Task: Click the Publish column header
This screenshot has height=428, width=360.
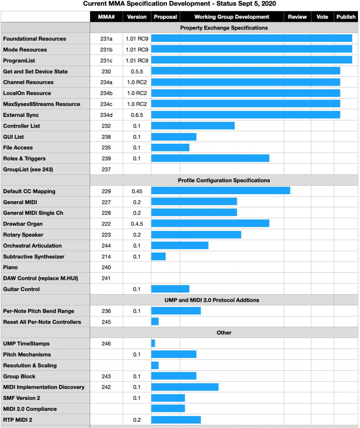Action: tap(346, 17)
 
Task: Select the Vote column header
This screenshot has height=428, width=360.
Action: tap(322, 17)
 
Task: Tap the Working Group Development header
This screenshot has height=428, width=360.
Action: tap(232, 17)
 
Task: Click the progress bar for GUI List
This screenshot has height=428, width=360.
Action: tap(174, 137)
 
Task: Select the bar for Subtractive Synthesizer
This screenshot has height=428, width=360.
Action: tap(158, 257)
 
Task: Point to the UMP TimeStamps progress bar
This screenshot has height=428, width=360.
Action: tap(153, 344)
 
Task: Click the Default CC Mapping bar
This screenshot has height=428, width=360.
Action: tap(220, 191)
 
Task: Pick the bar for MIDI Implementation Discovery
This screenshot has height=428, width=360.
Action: tap(185, 387)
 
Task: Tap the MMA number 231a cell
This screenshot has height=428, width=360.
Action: tap(106, 39)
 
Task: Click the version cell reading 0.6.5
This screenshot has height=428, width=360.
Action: tap(137, 115)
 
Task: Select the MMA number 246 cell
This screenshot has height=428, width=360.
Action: tap(106, 344)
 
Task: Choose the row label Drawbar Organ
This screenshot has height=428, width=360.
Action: tap(23, 224)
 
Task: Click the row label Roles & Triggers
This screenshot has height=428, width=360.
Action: tap(24, 158)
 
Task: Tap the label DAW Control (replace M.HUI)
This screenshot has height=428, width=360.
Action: tap(41, 278)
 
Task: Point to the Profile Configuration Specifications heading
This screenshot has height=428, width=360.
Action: tap(224, 180)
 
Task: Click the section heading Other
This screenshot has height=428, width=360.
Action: tap(224, 332)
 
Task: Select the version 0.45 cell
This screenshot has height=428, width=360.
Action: tap(137, 191)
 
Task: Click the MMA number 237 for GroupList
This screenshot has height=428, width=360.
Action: tap(106, 169)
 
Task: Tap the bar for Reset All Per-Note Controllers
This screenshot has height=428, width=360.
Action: tap(155, 322)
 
